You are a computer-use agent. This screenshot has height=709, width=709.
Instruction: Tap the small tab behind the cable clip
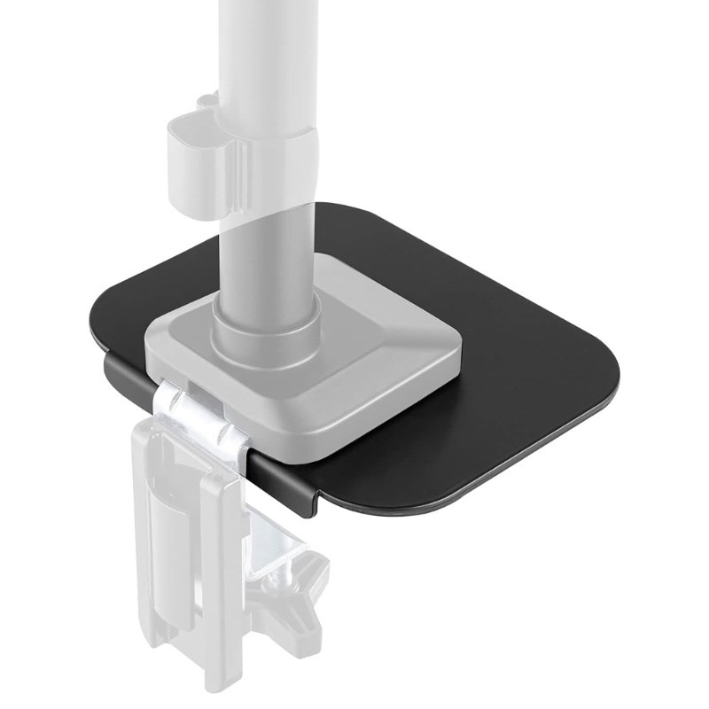coord(206,104)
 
